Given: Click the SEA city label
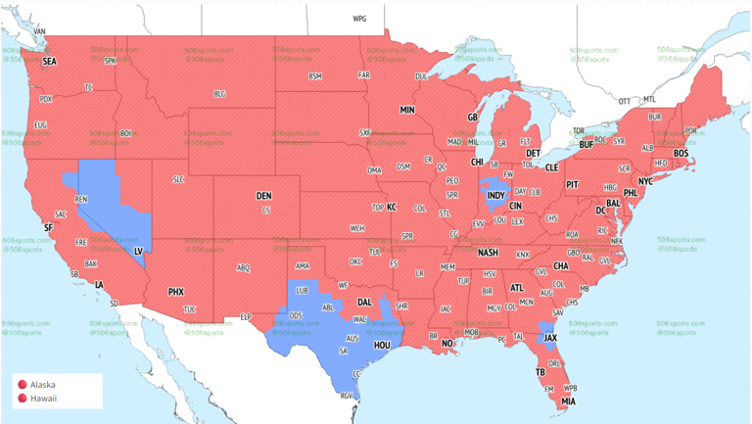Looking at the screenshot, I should point(50,61).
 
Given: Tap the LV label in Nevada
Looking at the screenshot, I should point(138,251).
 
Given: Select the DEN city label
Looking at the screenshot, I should point(263,196).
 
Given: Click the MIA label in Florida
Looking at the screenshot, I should point(569,401).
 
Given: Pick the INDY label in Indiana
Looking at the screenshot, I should point(496,196).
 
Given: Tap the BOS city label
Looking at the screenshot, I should point(681,154).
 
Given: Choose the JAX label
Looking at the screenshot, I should point(550,339).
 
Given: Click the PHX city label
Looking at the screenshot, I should point(176,291).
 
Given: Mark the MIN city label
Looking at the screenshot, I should point(407,110).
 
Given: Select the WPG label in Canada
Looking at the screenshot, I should point(359,19).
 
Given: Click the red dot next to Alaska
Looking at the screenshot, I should point(22,386).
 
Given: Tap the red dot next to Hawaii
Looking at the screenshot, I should point(22,399).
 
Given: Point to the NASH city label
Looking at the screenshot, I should point(488,253).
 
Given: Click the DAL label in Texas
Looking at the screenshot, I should point(364,303).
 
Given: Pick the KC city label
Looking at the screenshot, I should point(392,208).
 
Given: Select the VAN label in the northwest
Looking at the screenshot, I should point(39,31).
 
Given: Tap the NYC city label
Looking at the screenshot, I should point(645,182).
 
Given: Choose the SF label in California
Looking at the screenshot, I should point(47,228).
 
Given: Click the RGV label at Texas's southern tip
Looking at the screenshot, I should point(346,396).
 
